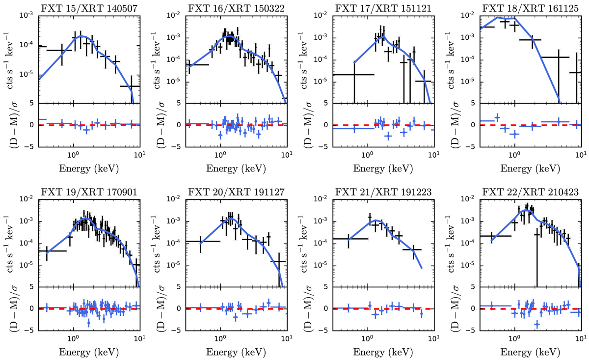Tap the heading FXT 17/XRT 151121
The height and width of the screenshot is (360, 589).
point(382,7)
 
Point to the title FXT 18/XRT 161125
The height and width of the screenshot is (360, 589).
point(530,7)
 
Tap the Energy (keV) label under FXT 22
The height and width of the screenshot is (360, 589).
point(530,353)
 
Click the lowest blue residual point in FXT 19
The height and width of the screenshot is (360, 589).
point(88,323)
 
